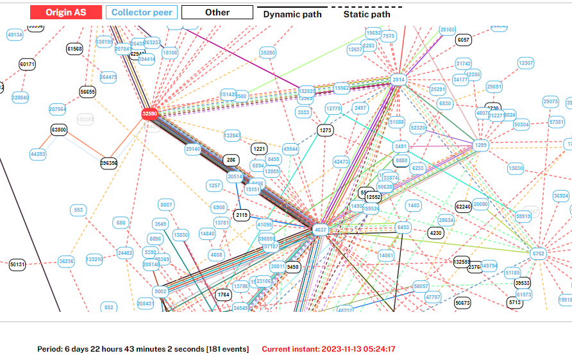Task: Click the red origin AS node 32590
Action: (x=149, y=114)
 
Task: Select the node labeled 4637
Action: (x=320, y=229)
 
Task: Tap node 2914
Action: (x=399, y=80)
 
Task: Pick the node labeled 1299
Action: (x=481, y=146)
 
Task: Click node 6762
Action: (x=538, y=253)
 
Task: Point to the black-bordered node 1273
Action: (x=326, y=130)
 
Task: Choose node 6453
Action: (x=403, y=227)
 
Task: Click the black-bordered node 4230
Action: (x=435, y=232)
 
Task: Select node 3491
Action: (x=401, y=146)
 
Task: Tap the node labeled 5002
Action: (x=160, y=291)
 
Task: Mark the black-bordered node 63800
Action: (x=58, y=130)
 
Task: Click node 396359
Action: (x=109, y=163)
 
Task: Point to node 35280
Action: (x=268, y=53)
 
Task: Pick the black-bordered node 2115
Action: (x=242, y=215)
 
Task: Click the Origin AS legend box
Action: (x=66, y=12)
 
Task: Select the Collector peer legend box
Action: (x=141, y=12)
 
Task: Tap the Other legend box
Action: (x=217, y=12)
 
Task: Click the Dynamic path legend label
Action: (x=292, y=14)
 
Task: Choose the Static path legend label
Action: (x=366, y=14)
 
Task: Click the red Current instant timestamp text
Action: (x=328, y=349)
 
